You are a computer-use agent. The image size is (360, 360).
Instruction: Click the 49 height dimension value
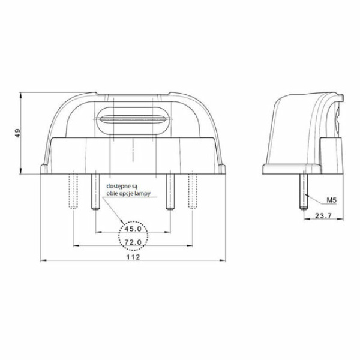[17, 133]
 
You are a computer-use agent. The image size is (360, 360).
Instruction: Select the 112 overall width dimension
[133, 257]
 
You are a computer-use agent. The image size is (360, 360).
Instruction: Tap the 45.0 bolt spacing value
[133, 229]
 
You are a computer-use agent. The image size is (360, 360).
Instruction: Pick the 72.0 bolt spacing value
[133, 242]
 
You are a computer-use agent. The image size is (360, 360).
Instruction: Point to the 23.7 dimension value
[323, 215]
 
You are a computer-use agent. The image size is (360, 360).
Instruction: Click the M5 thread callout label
[332, 200]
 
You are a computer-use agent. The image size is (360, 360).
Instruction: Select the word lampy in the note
[143, 194]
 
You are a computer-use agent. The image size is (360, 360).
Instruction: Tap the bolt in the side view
[304, 191]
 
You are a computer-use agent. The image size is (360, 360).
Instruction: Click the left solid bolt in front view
[95, 192]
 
